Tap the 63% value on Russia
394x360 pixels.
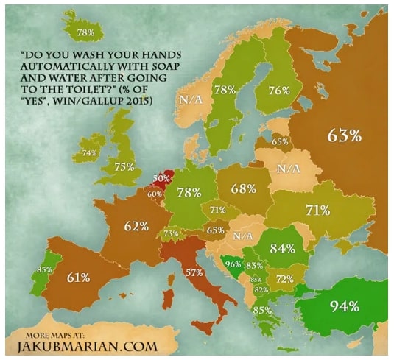click(343, 136)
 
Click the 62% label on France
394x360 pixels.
click(136, 226)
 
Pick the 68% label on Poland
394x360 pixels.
click(243, 188)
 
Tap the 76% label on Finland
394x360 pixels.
click(278, 90)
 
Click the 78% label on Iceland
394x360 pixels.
click(85, 33)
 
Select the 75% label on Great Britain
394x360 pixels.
click(124, 166)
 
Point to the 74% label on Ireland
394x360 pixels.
click(89, 153)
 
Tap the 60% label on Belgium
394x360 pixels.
click(155, 194)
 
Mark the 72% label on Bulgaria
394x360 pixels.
click(284, 279)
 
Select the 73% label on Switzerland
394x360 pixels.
click(171, 233)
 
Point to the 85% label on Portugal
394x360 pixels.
click(43, 269)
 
